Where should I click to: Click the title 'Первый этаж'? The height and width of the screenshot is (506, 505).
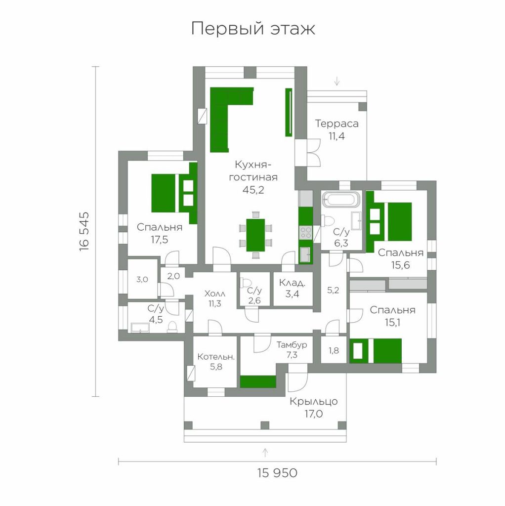[253, 29]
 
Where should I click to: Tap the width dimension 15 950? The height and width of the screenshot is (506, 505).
[277, 473]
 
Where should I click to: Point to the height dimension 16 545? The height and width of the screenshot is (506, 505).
[84, 231]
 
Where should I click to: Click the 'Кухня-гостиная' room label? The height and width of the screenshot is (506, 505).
[253, 170]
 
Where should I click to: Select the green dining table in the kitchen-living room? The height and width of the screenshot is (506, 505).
[255, 235]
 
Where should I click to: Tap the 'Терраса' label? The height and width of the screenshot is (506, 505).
[337, 124]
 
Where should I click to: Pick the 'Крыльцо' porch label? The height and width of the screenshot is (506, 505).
[314, 401]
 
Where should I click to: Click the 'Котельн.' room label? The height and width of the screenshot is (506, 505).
[216, 357]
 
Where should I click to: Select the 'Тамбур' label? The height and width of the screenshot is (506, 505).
[292, 345]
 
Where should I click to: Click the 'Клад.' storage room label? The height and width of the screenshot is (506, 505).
[292, 283]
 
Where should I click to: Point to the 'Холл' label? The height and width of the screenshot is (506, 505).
[215, 294]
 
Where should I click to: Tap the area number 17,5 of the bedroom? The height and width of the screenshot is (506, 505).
[160, 240]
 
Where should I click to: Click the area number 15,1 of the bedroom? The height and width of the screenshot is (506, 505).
[392, 322]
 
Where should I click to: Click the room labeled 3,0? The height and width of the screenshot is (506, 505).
[142, 280]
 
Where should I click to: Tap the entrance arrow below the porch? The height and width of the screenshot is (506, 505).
[265, 453]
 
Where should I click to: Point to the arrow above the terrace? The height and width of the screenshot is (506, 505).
[337, 81]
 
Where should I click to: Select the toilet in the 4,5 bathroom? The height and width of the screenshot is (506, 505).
[172, 327]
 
